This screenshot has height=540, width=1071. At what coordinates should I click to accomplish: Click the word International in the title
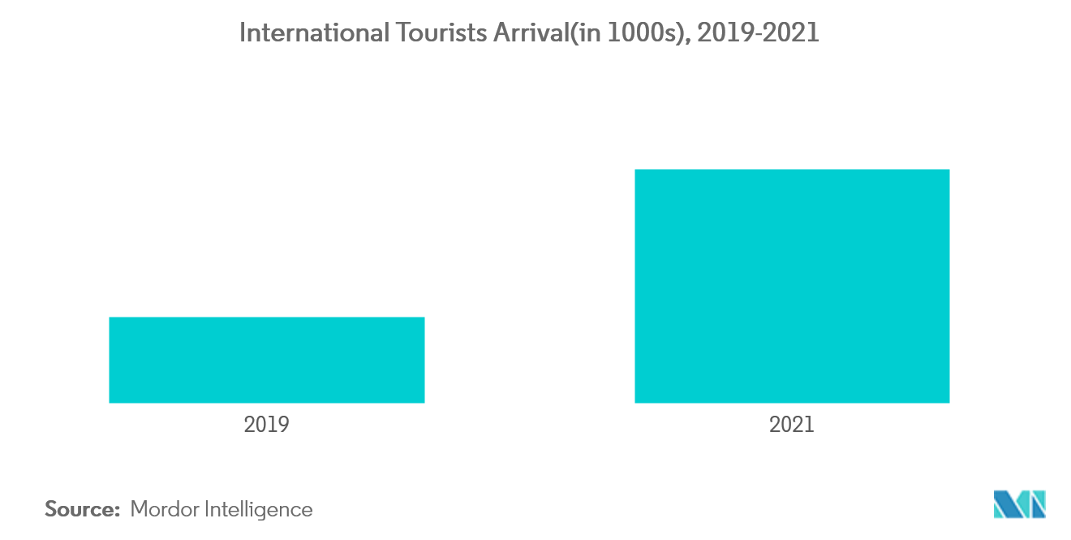pyautogui.click(x=315, y=32)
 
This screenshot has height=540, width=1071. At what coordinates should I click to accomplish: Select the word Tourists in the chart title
pyautogui.click(x=441, y=32)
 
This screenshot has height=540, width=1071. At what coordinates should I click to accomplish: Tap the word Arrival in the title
pyautogui.click(x=530, y=32)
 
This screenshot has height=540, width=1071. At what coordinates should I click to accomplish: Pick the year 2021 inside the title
pyautogui.click(x=792, y=32)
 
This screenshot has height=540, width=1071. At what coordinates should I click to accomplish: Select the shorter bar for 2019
pyautogui.click(x=267, y=360)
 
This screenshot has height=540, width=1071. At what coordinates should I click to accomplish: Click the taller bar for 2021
pyautogui.click(x=792, y=287)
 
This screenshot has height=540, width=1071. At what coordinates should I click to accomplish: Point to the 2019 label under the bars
pyautogui.click(x=266, y=425)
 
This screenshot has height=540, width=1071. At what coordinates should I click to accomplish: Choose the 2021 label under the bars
pyautogui.click(x=792, y=425)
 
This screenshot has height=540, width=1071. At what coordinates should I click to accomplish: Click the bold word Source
pyautogui.click(x=80, y=509)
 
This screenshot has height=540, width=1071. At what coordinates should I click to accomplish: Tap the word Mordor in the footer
pyautogui.click(x=165, y=509)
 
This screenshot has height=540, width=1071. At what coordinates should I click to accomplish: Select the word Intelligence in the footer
pyautogui.click(x=259, y=510)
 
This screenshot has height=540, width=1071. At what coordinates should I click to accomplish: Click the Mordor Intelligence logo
pyautogui.click(x=1020, y=504)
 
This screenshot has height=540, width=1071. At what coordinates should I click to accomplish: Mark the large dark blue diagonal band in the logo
pyautogui.click(x=1008, y=504)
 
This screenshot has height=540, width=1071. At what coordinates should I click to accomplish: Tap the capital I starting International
pyautogui.click(x=243, y=32)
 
